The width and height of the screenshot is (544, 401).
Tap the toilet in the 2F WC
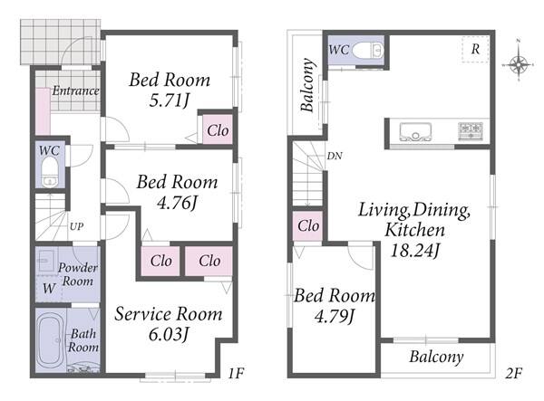tap(368, 51)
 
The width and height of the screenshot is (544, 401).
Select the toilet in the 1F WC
tap(50, 172)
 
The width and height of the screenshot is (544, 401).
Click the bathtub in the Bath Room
tap(51, 343)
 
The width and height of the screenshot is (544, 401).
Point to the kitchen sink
tap(415, 131)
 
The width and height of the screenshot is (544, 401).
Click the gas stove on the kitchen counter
tap(471, 131)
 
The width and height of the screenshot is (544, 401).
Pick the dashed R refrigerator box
tap(475, 49)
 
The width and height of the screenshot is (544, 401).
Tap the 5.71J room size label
tap(169, 100)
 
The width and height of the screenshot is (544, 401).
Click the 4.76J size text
tap(177, 203)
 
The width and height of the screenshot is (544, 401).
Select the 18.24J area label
tap(415, 250)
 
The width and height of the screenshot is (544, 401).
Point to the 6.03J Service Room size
tap(169, 334)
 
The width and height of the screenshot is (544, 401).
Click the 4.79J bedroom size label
tap(334, 316)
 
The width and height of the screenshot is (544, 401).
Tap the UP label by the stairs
tap(77, 226)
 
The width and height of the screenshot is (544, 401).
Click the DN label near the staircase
tap(335, 157)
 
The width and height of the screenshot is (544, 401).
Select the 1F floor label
tap(236, 373)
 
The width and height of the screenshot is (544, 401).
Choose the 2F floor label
tap(513, 373)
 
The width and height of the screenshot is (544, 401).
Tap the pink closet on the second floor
tap(307, 225)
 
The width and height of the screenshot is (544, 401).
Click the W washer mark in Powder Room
tap(48, 288)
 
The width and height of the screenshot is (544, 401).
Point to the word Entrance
tap(75, 91)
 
